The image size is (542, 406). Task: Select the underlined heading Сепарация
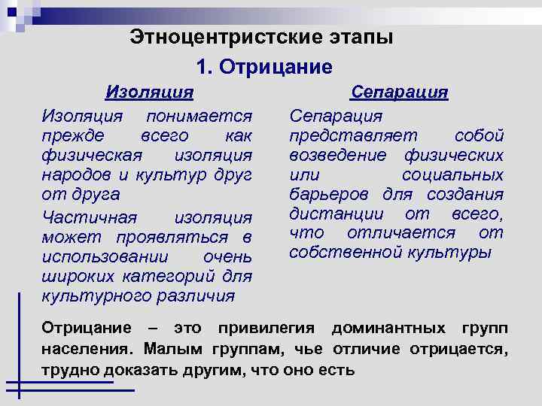coord(400,92)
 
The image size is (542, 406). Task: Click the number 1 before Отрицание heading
coord(202,67)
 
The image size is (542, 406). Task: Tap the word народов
coord(76,175)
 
